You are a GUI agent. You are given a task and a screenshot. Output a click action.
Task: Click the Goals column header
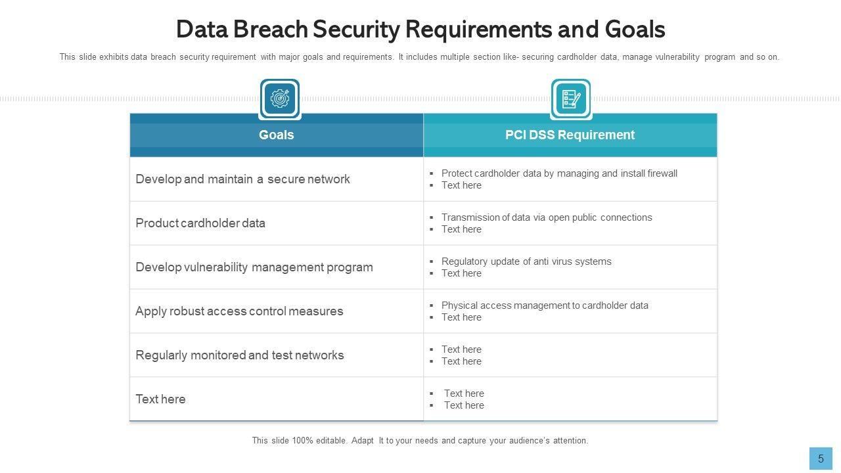pyautogui.click(x=276, y=135)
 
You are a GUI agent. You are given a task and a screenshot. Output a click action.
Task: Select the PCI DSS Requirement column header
pyautogui.click(x=570, y=135)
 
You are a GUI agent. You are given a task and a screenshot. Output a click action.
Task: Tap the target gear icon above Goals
pyautogui.click(x=280, y=99)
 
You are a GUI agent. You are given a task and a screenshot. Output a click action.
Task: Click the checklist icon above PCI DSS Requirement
pyautogui.click(x=571, y=99)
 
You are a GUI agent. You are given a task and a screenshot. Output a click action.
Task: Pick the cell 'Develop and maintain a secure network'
pyautogui.click(x=242, y=179)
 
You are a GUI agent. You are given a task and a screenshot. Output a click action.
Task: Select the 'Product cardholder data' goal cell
pyautogui.click(x=200, y=223)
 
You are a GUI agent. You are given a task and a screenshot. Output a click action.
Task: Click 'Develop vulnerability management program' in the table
pyautogui.click(x=254, y=267)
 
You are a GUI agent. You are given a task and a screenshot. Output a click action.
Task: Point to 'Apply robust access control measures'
pyautogui.click(x=239, y=311)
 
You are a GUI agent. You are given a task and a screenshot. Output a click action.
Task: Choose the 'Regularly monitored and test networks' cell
pyautogui.click(x=239, y=355)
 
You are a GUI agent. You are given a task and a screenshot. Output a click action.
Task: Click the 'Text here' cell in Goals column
pyautogui.click(x=160, y=399)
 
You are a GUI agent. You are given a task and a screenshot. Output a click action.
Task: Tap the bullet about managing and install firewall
pyautogui.click(x=558, y=173)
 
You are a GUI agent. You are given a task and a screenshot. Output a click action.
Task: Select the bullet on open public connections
pyautogui.click(x=546, y=217)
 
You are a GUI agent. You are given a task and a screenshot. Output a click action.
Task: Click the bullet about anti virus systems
pyautogui.click(x=526, y=261)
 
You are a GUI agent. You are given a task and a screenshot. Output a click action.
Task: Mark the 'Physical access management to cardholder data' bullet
pyautogui.click(x=544, y=305)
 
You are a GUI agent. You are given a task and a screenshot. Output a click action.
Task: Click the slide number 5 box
pyautogui.click(x=821, y=459)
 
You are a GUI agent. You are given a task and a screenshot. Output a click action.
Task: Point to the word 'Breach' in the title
pyautogui.click(x=269, y=30)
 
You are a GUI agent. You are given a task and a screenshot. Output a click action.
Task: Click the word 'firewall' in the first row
pyautogui.click(x=662, y=173)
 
